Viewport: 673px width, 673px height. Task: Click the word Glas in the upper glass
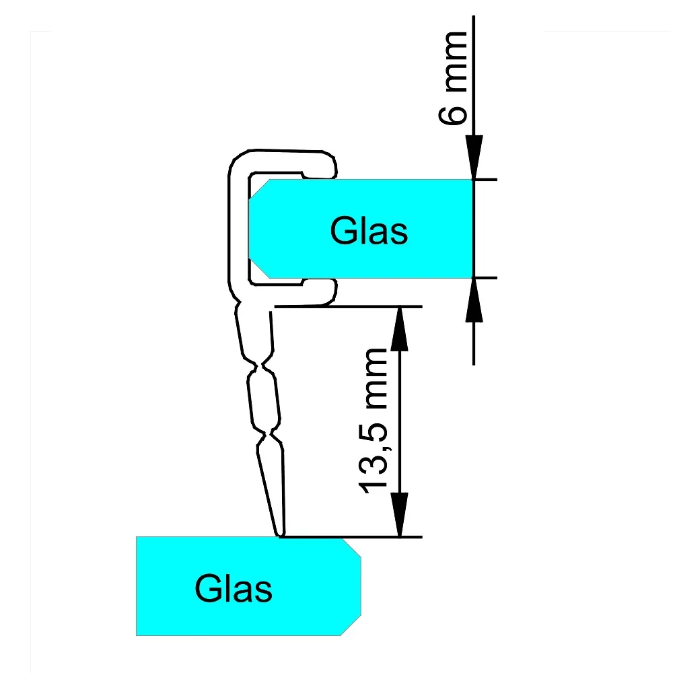tap(369, 232)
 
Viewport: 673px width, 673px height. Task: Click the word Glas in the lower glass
tap(234, 588)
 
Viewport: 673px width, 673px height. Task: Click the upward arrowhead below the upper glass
tap(474, 300)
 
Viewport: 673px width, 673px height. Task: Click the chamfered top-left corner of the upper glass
tap(259, 189)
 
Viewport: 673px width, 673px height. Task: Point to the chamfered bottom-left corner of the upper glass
tap(259, 267)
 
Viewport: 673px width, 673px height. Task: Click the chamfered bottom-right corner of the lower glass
tap(351, 625)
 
